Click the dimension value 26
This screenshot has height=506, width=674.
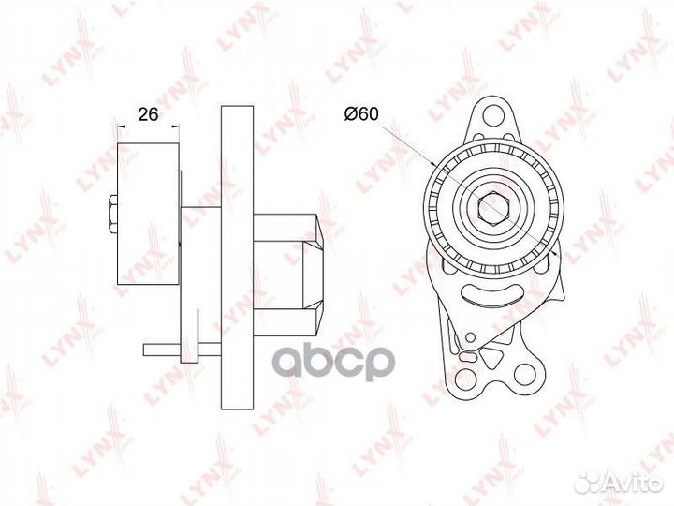[148, 114]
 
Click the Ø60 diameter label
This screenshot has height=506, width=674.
[361, 114]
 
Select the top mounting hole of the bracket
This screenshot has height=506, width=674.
[493, 114]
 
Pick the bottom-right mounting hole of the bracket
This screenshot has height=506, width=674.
[524, 373]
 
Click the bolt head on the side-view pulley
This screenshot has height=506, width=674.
[113, 214]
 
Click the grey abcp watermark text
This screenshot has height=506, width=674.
[334, 363]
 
